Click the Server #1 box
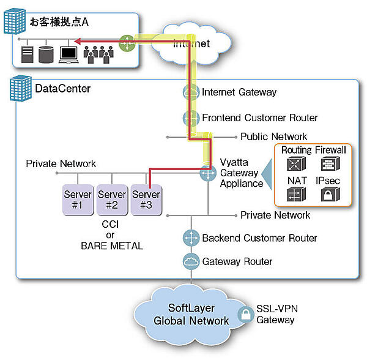[78, 199]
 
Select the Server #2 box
[112, 199]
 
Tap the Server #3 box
[146, 199]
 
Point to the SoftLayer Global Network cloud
[191, 314]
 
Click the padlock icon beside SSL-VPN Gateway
[245, 315]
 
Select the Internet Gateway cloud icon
[191, 92]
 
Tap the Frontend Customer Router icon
[191, 118]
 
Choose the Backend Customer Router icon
[191, 238]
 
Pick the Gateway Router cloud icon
[191, 261]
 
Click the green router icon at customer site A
[127, 43]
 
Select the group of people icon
[98, 54]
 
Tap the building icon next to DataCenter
[21, 90]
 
